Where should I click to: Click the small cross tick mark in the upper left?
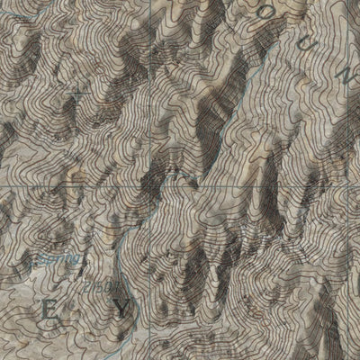[76, 92]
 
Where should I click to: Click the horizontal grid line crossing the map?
[225, 185]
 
